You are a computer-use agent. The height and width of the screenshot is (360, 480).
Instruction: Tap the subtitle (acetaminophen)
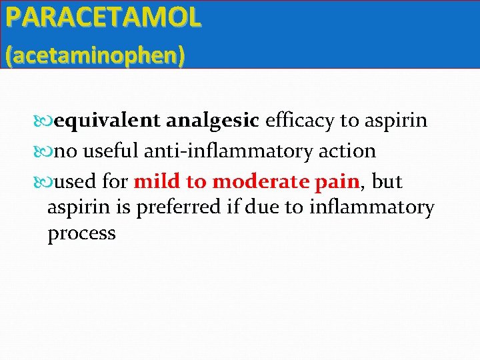tap(95, 55)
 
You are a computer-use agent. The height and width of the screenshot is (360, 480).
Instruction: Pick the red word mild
tap(157, 181)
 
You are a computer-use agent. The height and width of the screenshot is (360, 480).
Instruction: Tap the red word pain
tap(339, 181)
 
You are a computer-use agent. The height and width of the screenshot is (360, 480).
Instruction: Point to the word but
tap(388, 181)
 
